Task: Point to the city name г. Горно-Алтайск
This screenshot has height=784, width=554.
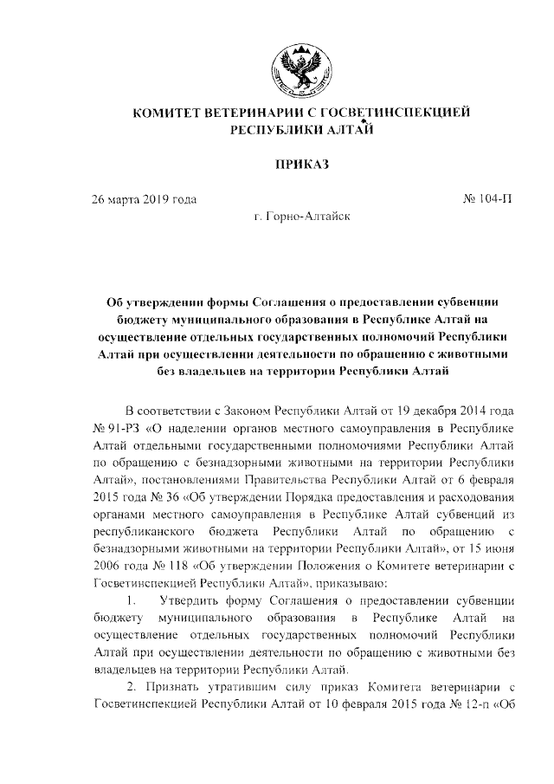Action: coord(302,221)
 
